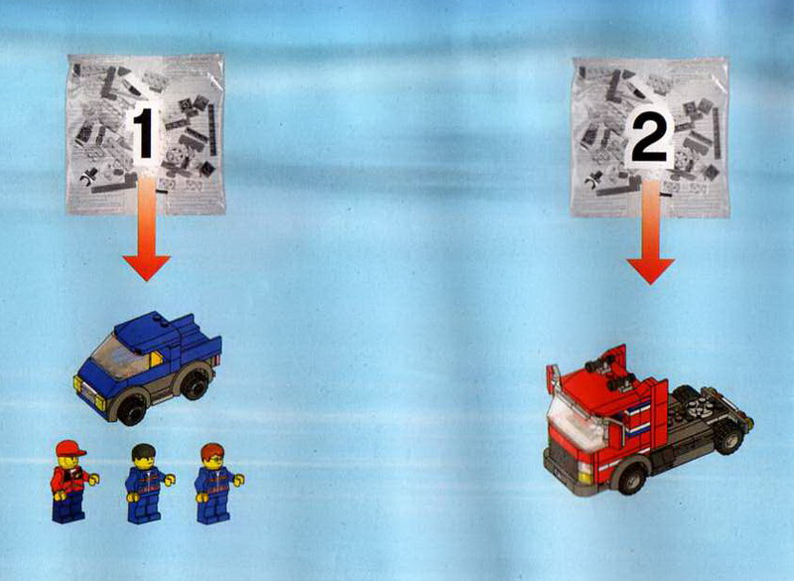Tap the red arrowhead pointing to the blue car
click(146, 267)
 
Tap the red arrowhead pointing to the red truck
click(651, 271)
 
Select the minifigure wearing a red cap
click(71, 482)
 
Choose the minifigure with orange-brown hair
click(216, 484)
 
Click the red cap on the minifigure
click(69, 448)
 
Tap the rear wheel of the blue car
click(195, 383)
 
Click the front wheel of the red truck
click(630, 479)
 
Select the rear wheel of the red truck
click(728, 439)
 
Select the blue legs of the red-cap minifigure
click(68, 507)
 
